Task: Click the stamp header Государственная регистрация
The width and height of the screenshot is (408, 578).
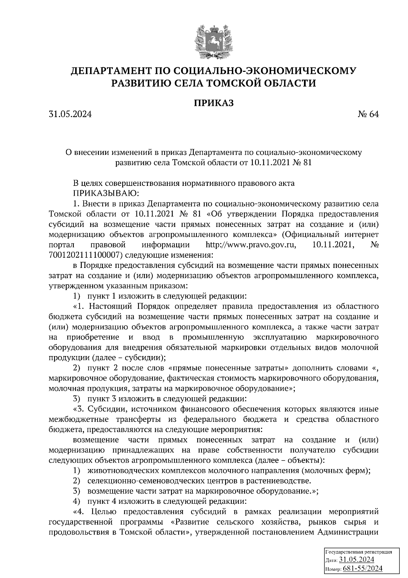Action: (359, 552)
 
